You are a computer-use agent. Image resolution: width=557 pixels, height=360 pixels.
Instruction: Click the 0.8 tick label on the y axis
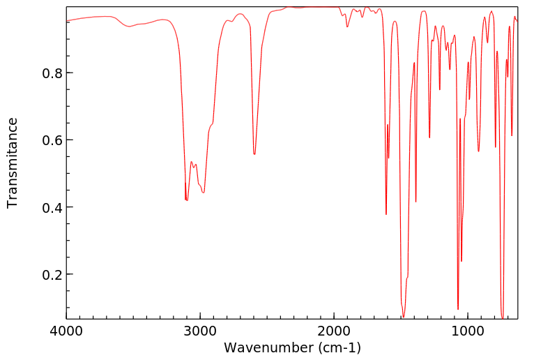pyautogui.click(x=49, y=73)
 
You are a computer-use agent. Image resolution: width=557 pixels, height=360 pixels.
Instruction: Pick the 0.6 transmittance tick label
pyautogui.click(x=49, y=140)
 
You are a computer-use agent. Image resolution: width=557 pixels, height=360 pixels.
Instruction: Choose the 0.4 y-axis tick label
pyautogui.click(x=49, y=207)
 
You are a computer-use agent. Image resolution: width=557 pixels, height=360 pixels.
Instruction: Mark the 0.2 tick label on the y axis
pyautogui.click(x=49, y=274)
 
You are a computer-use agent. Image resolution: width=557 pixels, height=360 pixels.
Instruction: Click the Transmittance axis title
pyautogui.click(x=13, y=163)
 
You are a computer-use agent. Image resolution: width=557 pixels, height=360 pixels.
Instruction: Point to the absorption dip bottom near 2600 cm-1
pyautogui.click(x=254, y=154)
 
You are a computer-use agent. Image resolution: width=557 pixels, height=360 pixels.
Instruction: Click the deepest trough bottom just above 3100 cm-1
pyautogui.click(x=186, y=200)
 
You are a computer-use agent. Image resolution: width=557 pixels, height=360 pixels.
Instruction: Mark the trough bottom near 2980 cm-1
pyautogui.click(x=203, y=193)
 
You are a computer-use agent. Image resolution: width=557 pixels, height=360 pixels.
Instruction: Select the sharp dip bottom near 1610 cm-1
pyautogui.click(x=386, y=214)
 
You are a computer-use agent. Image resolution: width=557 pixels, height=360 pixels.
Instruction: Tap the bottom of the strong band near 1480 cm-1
pyautogui.click(x=403, y=317)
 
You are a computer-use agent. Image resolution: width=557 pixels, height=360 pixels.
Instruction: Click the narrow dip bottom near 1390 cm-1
pyautogui.click(x=415, y=202)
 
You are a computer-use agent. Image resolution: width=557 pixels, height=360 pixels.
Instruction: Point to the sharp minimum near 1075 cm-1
pyautogui.click(x=458, y=309)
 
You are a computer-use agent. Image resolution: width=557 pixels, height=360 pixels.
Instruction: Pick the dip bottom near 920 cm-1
pyautogui.click(x=478, y=151)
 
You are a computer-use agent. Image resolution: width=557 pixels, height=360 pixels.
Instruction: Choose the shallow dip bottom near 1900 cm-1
pyautogui.click(x=347, y=27)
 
